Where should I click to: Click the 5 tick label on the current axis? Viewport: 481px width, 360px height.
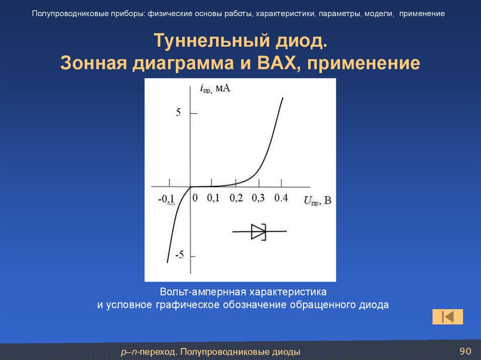coord(178,113)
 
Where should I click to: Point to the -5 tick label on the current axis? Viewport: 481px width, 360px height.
coord(179,254)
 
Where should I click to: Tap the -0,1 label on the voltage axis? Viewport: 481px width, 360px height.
coord(166,199)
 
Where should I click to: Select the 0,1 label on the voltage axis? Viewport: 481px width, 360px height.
coord(213,198)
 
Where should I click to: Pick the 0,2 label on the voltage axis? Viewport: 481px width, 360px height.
coord(236,198)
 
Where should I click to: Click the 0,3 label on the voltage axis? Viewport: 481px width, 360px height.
coord(258,198)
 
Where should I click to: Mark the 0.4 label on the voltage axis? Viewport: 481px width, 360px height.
coord(281,198)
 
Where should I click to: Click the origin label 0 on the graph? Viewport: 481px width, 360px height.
coord(195,198)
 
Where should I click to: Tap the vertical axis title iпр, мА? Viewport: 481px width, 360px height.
coord(215,89)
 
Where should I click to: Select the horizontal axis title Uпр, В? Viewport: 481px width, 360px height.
coord(318,200)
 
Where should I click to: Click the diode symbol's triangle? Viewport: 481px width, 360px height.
coord(258,231)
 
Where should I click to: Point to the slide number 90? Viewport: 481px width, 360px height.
coord(465,351)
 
